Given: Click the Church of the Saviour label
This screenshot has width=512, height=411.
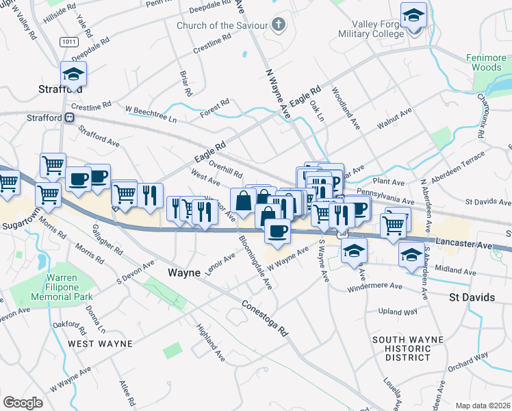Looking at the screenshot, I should pos(222,26).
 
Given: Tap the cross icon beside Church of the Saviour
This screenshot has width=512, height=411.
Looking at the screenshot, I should pos(278,25).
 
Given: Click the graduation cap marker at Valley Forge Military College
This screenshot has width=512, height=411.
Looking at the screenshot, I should pos(413,16).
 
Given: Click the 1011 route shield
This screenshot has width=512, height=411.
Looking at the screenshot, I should pos(68,42).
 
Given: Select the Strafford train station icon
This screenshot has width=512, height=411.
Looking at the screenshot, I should pos(69,118).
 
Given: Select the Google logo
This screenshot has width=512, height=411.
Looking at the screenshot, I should pos(23,402).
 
